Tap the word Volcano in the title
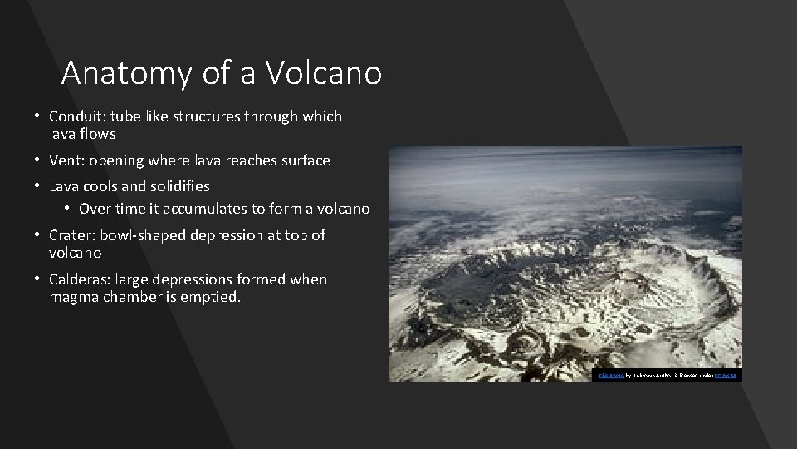coord(325,74)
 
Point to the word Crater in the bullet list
coord(71,235)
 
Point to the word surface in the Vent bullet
coord(303,160)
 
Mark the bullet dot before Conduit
coord(39,116)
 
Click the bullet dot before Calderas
coord(39,279)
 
